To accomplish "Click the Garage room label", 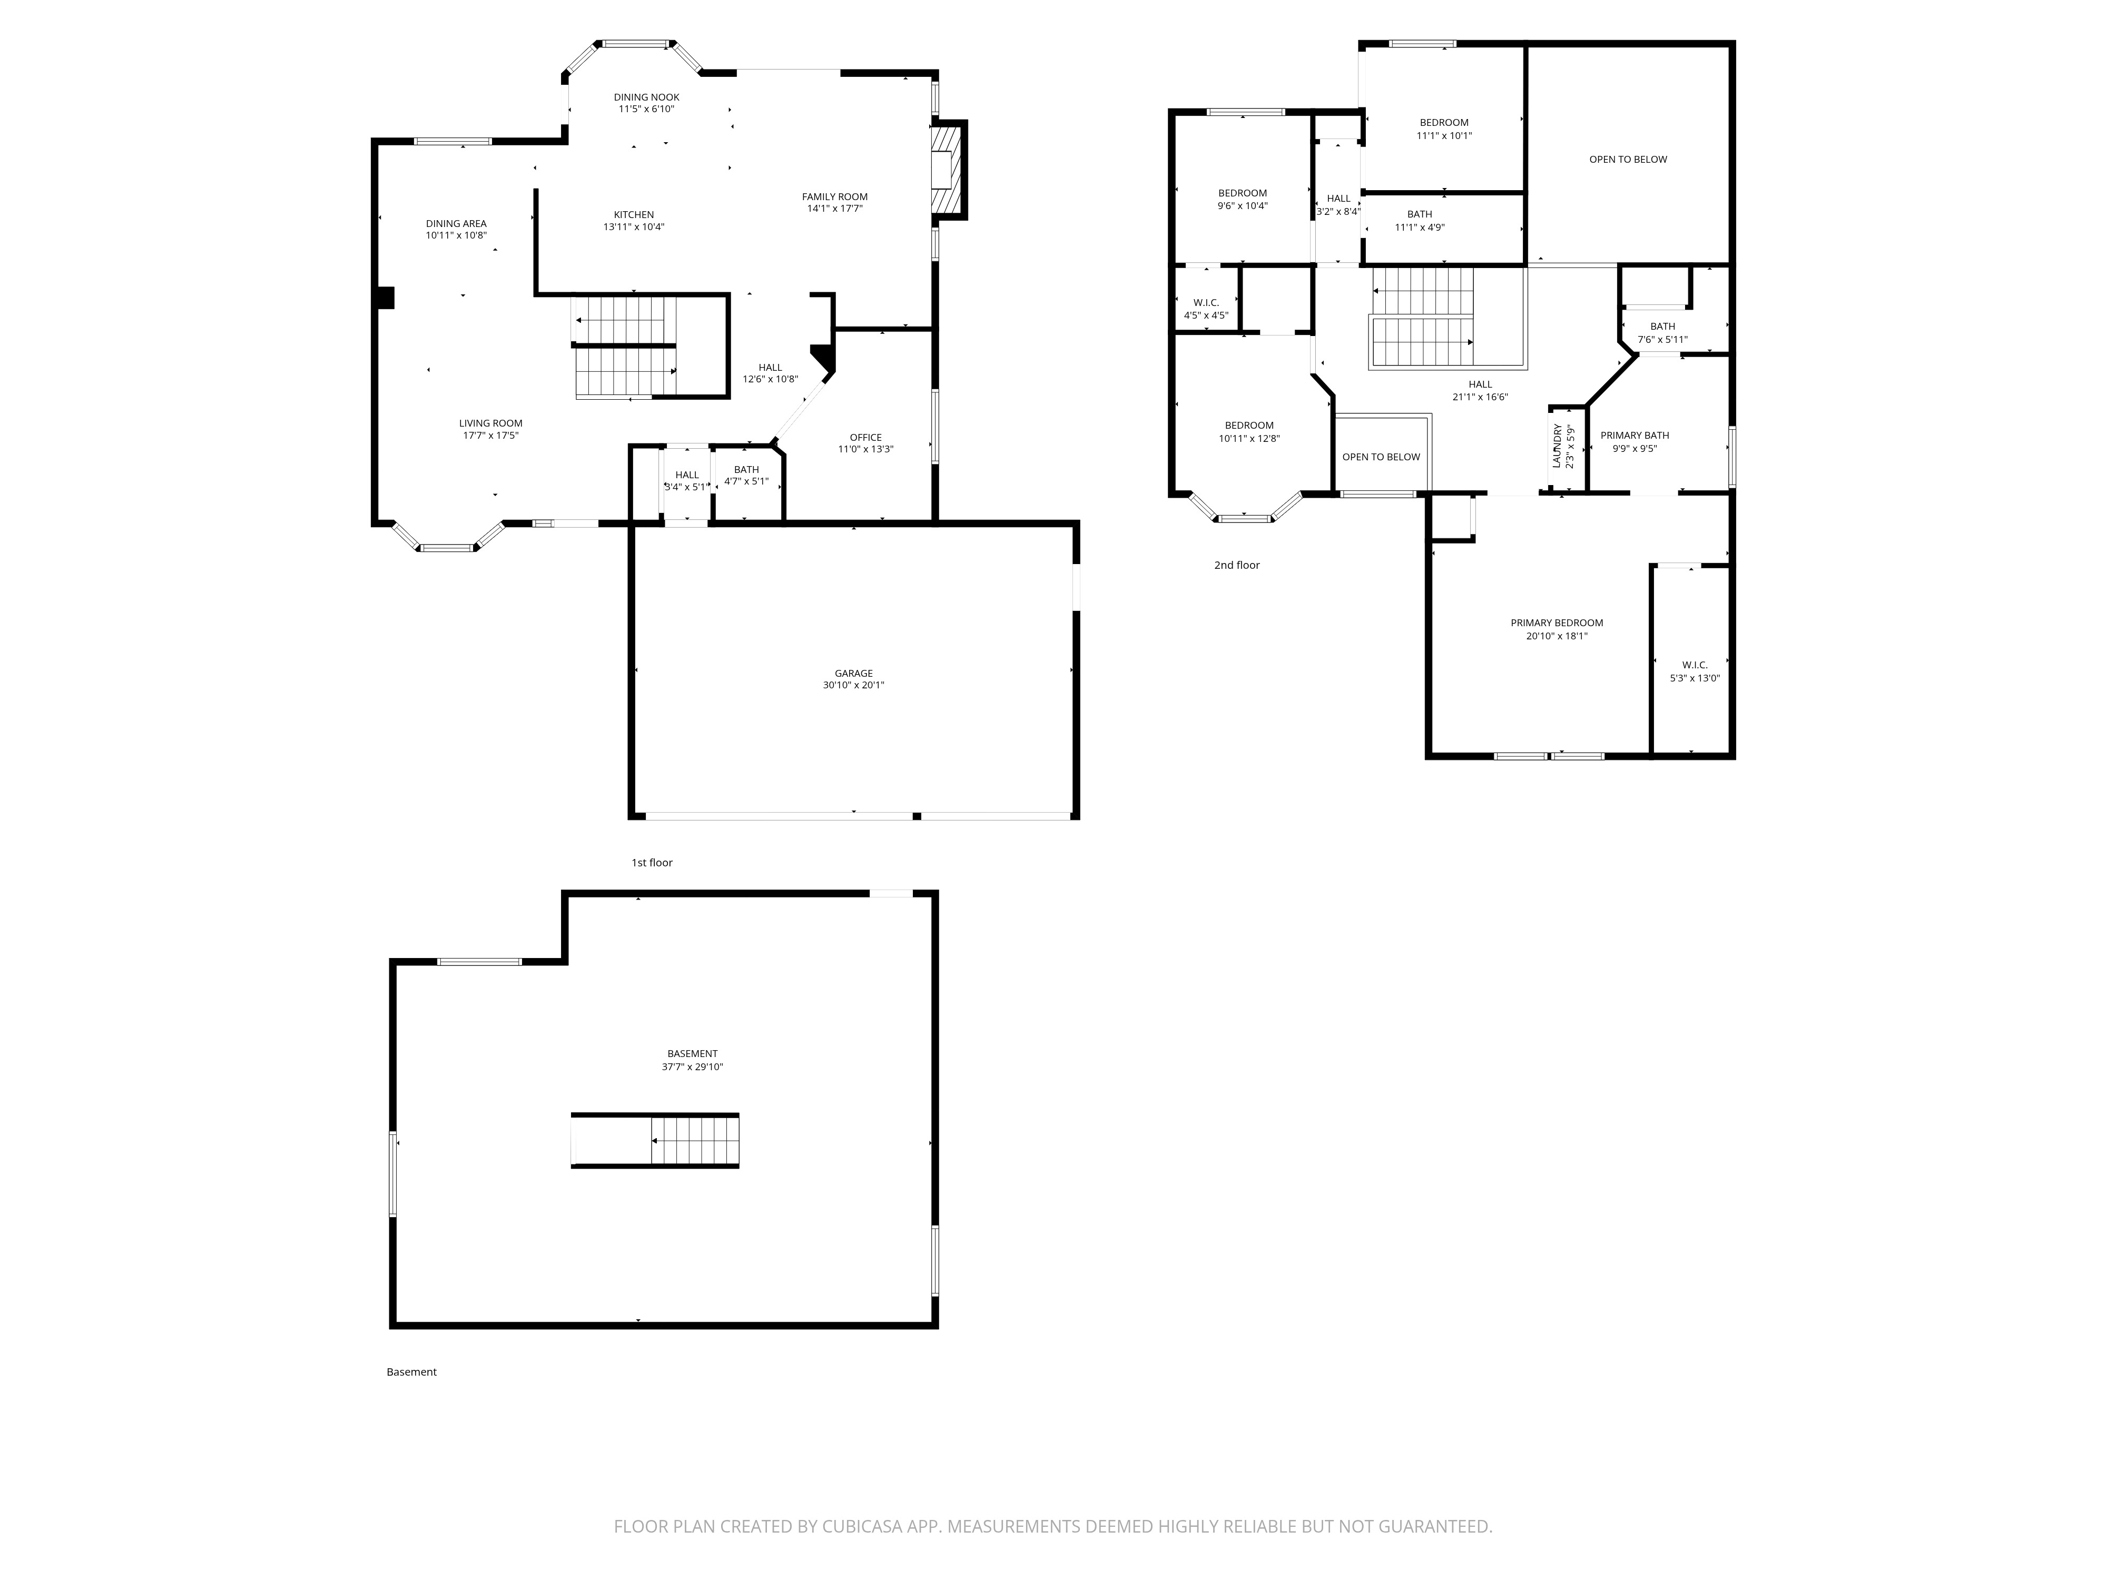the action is [853, 673].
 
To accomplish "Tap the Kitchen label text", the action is [634, 214].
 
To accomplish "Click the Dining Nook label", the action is [647, 97].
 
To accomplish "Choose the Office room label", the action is [866, 437].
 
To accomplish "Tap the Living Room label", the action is [490, 423].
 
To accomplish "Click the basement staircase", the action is [655, 1140].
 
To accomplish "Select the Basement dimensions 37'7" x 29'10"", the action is [693, 1066].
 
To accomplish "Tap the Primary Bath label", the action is [1635, 435].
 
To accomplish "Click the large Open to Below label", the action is [1628, 159].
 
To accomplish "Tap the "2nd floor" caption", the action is [1236, 565].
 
